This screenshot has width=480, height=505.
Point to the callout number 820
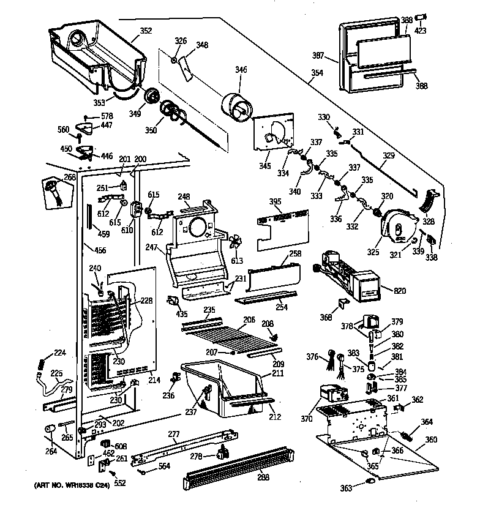(399, 291)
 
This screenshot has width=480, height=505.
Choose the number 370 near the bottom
(306, 419)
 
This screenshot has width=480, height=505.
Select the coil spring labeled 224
(42, 362)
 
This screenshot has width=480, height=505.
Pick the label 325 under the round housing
(373, 252)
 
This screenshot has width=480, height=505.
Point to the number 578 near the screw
(107, 116)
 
